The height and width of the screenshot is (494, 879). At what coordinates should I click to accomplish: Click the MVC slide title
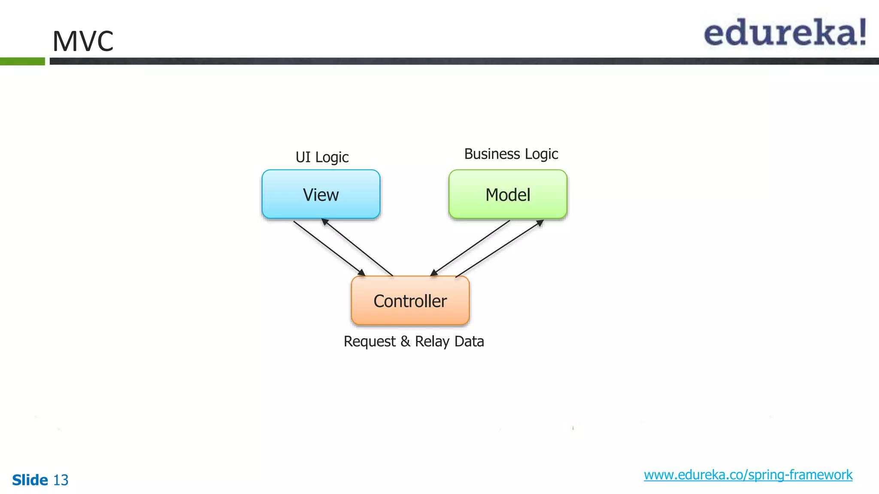pyautogui.click(x=83, y=41)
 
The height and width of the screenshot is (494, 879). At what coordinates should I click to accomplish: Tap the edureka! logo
pyautogui.click(x=785, y=33)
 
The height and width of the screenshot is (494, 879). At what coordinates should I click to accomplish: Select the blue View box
pyautogui.click(x=321, y=194)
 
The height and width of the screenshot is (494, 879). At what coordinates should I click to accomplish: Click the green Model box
pyautogui.click(x=508, y=194)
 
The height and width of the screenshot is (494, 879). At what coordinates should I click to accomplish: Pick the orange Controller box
pyautogui.click(x=410, y=301)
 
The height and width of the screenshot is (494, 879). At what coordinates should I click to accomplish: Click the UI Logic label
pyautogui.click(x=322, y=157)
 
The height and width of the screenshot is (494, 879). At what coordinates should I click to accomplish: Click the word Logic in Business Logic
pyautogui.click(x=542, y=154)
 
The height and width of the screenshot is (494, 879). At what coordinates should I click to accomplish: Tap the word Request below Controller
pyautogui.click(x=370, y=342)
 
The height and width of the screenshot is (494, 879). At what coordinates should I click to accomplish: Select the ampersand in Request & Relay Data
pyautogui.click(x=405, y=342)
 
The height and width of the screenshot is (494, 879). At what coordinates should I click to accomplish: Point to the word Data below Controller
pyautogui.click(x=469, y=342)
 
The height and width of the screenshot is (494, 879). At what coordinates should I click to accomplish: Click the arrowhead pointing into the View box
pyautogui.click(x=325, y=222)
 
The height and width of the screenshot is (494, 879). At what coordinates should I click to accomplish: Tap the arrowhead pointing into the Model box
pyautogui.click(x=540, y=223)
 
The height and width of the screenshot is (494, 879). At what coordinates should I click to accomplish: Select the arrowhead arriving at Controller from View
pyautogui.click(x=362, y=272)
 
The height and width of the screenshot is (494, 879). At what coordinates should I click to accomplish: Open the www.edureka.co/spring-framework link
pyautogui.click(x=748, y=475)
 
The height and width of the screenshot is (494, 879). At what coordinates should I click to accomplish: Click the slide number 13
pyautogui.click(x=61, y=480)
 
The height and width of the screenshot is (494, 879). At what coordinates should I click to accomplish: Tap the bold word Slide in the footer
pyautogui.click(x=30, y=480)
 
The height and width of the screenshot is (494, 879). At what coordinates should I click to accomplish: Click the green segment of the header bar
pyautogui.click(x=22, y=61)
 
